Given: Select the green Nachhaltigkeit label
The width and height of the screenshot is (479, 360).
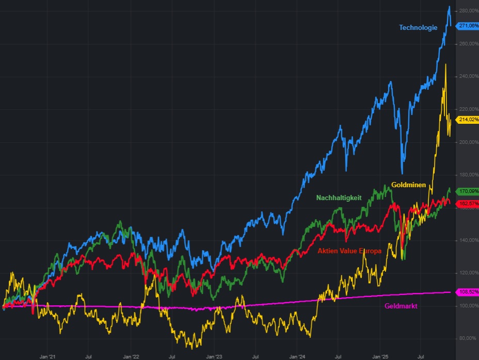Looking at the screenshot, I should [339, 198].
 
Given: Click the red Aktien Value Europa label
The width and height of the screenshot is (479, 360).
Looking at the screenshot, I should [349, 251].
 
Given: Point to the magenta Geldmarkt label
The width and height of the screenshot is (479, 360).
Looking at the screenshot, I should [401, 306].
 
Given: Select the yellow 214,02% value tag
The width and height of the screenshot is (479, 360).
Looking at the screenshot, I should [468, 119].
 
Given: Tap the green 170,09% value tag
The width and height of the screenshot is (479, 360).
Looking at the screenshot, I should [468, 191].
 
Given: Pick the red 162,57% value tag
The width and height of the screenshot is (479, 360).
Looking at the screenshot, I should [468, 203].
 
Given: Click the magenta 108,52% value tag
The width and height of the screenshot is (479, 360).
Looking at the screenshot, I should [468, 292].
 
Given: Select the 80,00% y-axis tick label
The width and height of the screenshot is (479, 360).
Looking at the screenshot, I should [468, 338].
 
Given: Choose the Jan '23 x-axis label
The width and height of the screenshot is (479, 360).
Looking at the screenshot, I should [214, 356].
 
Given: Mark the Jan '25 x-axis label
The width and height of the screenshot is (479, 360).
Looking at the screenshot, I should [380, 356].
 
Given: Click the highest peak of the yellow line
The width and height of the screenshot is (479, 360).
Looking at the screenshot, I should [445, 64].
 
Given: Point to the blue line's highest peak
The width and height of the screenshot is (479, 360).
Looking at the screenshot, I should [449, 7].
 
